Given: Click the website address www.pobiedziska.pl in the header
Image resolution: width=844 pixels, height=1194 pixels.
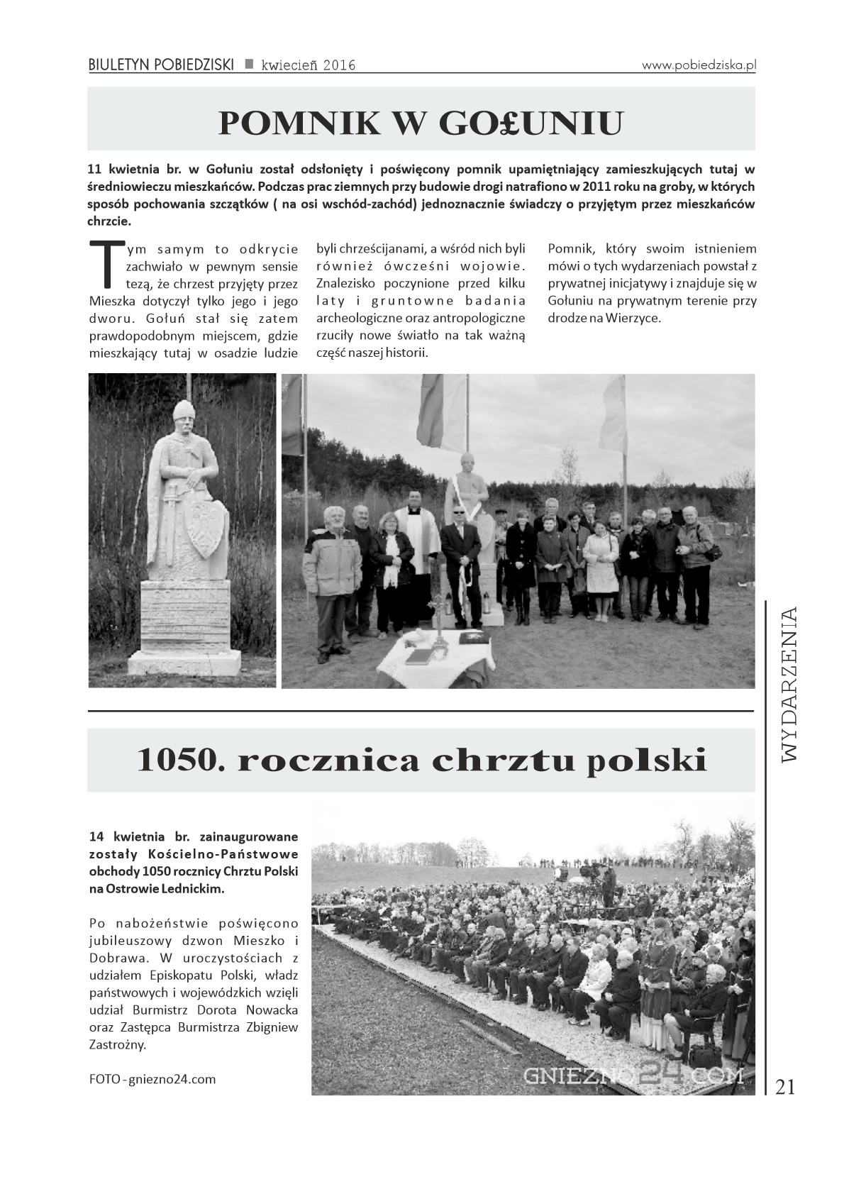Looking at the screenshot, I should [699, 65].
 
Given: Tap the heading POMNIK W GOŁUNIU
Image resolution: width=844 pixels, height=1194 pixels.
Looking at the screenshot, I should [421, 123].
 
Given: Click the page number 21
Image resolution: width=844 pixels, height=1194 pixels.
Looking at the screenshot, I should [785, 1087].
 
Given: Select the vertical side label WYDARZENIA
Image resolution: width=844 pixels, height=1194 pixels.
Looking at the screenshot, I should [789, 683].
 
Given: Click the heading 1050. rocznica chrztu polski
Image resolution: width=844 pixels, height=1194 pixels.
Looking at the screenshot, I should [421, 761].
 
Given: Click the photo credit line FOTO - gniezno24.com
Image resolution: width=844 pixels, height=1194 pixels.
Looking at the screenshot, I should [152, 1079].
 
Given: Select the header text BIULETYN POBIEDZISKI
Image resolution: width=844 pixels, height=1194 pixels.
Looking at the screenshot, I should [161, 65].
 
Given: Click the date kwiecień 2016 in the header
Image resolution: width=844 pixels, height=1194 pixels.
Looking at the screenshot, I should [308, 65].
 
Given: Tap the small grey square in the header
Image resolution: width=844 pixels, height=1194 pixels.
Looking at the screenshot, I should [249, 64].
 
